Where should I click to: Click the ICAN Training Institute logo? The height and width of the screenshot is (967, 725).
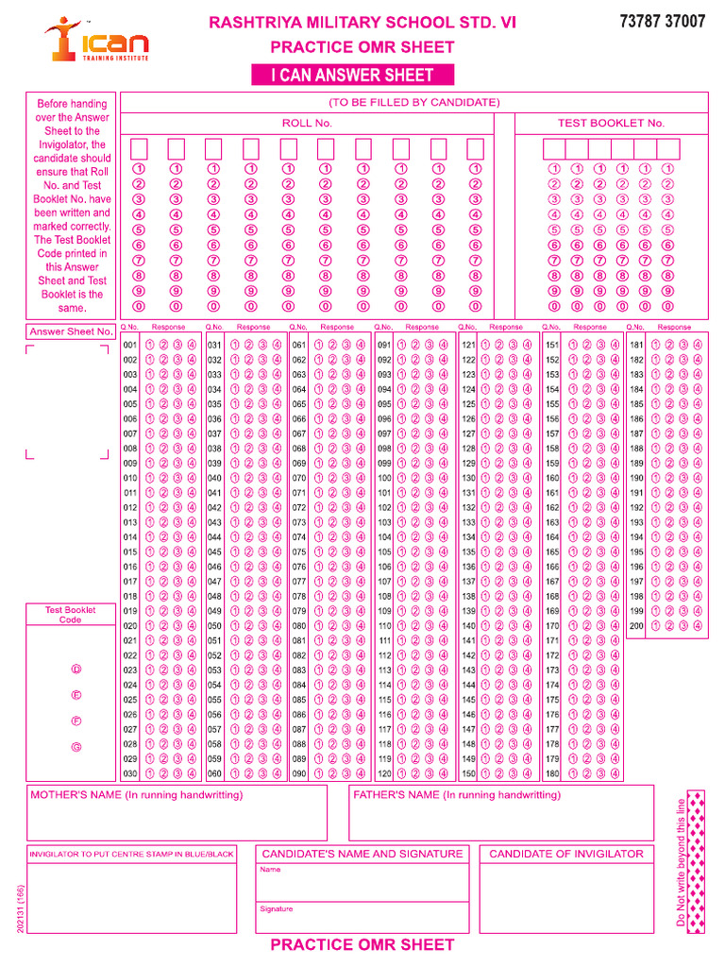[x=95, y=41]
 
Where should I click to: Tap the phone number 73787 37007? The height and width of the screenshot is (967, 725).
[x=662, y=22]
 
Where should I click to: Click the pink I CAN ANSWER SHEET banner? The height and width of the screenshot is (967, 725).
[x=352, y=76]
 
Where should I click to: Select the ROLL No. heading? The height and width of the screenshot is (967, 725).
[x=307, y=123]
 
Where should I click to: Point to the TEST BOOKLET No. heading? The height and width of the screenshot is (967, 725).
[x=611, y=123]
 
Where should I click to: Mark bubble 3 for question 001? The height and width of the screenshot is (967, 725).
[x=177, y=345]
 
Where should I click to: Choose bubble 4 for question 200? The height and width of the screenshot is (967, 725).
[x=697, y=625]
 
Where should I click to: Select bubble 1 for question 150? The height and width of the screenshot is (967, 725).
[x=485, y=774]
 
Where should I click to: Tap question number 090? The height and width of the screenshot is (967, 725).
[x=298, y=774]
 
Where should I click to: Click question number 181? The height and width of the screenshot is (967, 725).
[x=636, y=345]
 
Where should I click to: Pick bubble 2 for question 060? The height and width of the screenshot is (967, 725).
[x=248, y=774]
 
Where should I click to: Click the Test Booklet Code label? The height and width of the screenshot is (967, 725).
[x=71, y=615]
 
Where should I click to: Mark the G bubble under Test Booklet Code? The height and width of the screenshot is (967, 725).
[x=76, y=747]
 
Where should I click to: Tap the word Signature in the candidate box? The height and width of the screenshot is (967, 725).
[x=276, y=908]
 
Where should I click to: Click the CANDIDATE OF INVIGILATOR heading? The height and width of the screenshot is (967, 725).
[x=565, y=854]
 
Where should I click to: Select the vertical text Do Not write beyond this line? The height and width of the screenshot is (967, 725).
[x=681, y=862]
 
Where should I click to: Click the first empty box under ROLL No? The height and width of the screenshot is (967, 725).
[x=139, y=148]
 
